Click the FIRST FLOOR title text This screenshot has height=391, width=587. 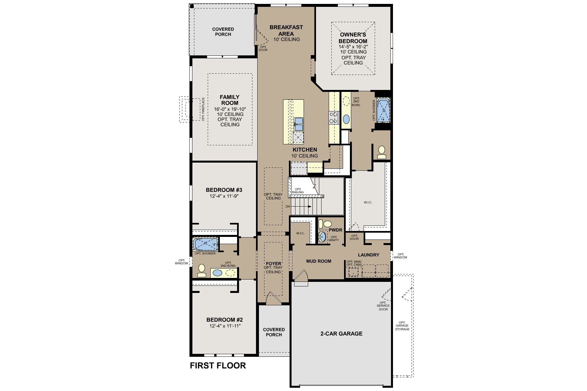point(218,366)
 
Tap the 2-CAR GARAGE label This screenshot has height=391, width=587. point(341,334)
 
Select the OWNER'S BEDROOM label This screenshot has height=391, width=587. point(353,38)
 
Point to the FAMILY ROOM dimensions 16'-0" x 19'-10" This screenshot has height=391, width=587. point(230,109)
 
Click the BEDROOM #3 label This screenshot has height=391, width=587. point(224,190)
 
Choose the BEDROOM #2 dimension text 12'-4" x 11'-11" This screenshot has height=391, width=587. point(225,326)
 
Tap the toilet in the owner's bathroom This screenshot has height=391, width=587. point(382,152)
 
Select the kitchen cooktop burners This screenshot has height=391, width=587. point(333,118)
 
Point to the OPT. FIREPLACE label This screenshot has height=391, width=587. point(203,109)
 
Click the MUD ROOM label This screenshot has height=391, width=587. point(319,261)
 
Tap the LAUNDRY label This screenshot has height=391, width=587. point(369,255)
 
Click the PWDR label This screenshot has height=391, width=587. point(336,230)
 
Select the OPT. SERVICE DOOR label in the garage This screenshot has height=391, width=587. point(383,306)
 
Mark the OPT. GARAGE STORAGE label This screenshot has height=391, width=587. point(402,326)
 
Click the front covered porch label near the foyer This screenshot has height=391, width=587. point(274,332)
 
